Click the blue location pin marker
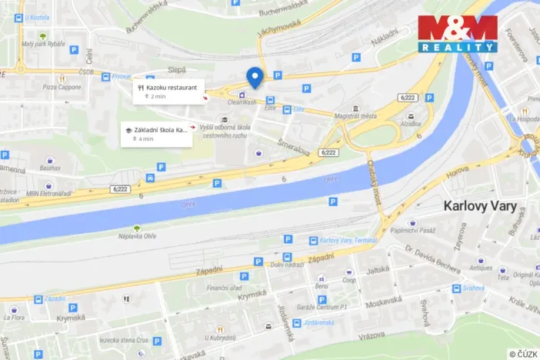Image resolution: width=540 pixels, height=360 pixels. [x=255, y=77]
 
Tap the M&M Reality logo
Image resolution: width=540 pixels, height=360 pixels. [x=458, y=33]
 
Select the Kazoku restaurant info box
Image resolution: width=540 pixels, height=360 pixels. [x=169, y=91]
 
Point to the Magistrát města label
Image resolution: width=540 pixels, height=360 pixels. [x=357, y=115]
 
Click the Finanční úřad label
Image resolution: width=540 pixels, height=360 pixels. [x=225, y=287]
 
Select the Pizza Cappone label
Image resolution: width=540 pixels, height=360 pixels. [x=62, y=87]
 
